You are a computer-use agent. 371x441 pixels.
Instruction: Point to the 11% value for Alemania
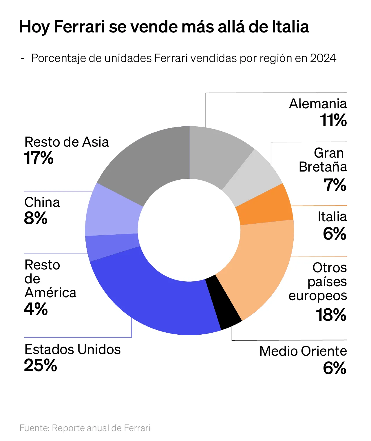pos(333,120)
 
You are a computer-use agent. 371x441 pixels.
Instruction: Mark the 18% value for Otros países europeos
pos(331,315)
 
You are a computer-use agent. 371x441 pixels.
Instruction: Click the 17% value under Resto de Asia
pos(39,158)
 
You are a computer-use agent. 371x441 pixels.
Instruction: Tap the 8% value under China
pos(36,218)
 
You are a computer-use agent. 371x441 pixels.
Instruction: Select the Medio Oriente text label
pos(303,351)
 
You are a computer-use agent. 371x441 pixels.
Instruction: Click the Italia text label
pos(332,217)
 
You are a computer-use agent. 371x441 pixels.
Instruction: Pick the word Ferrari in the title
pos(79,27)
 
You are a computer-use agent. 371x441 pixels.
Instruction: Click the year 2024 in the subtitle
pos(323,58)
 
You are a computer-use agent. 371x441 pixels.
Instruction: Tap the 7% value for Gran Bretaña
pos(335,185)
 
